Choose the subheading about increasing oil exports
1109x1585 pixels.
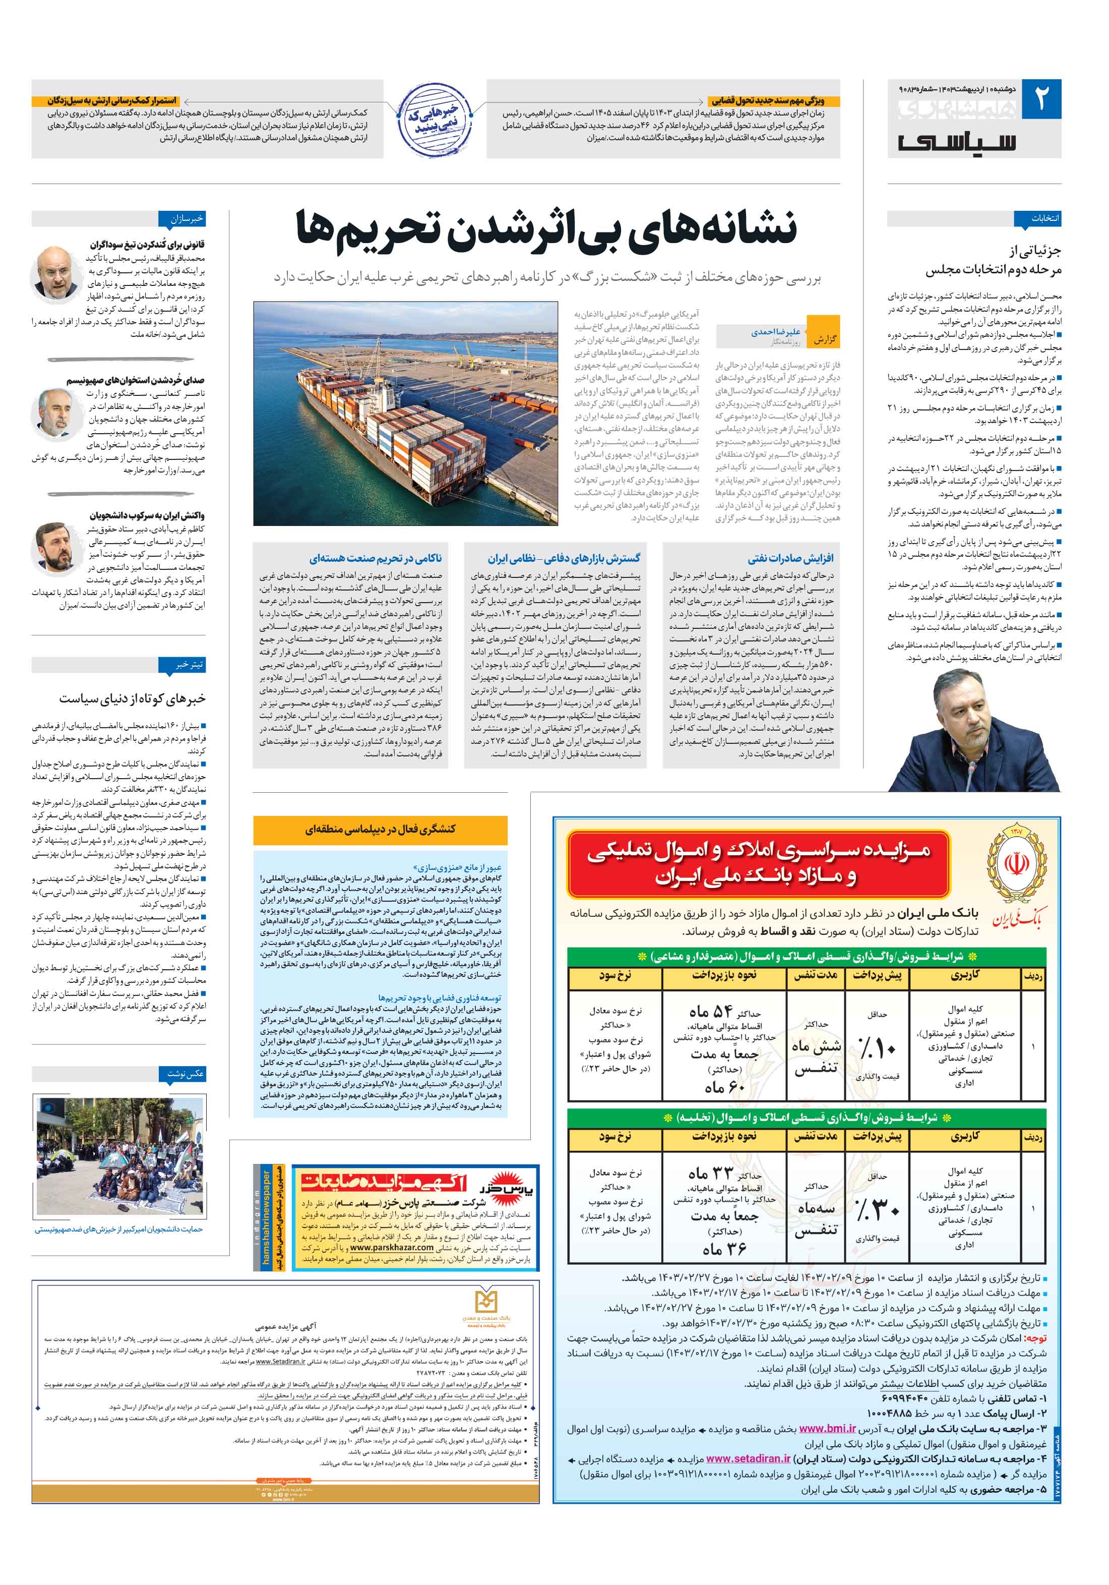(790, 558)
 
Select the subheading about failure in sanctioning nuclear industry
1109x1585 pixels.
(376, 558)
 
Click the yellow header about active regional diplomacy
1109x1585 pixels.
(380, 829)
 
